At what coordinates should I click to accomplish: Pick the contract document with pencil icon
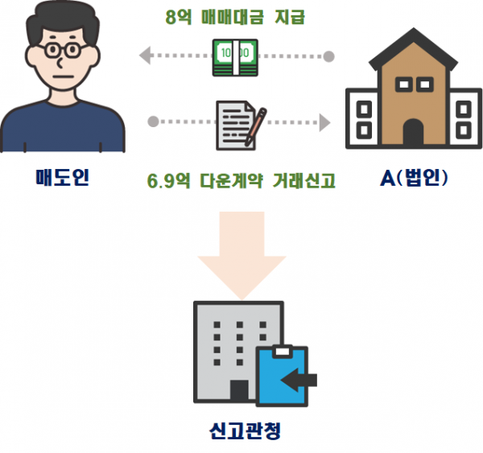point(237,124)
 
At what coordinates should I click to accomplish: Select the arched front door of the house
point(413,134)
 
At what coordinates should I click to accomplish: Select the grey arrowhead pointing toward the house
point(324,123)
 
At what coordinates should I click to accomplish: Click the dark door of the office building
point(239,392)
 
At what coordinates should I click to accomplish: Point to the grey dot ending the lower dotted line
point(153,123)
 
